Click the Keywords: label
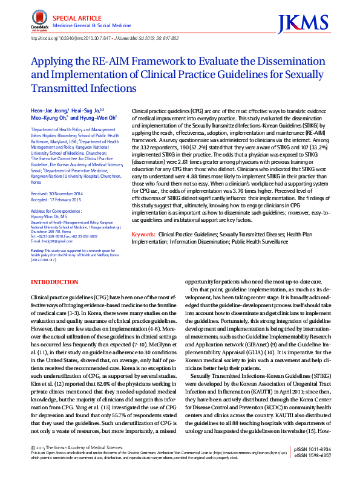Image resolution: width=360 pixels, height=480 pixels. [143, 233]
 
